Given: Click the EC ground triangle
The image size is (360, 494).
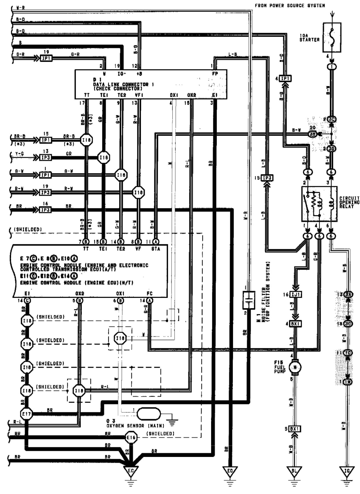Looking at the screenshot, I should coord(131,470).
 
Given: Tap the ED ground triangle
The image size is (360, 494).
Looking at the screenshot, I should coord(230,470).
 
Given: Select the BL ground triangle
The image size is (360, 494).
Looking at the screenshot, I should coord(294,470).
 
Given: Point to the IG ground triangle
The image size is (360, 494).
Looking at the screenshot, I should coord(347,470).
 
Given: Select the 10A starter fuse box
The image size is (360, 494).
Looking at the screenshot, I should coord(332,37).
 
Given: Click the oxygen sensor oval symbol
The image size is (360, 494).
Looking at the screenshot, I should coord(149,414).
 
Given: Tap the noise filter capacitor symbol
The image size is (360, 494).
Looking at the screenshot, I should coord(248,300).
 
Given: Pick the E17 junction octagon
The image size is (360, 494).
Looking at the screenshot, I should coord(27,414).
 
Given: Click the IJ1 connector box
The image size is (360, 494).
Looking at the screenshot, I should coord(296,294).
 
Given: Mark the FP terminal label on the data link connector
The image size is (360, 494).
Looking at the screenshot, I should coord(215,74).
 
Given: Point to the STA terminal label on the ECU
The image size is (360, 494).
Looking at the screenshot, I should coord(155,249).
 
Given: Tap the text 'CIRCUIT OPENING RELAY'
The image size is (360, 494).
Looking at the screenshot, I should coord(349,202).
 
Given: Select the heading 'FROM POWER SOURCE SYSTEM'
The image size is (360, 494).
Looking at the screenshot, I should coord(290,5).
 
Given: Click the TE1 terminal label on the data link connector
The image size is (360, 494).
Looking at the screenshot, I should coord(104,95).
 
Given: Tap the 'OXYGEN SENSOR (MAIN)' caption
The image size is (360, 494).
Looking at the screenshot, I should coord(135,426).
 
